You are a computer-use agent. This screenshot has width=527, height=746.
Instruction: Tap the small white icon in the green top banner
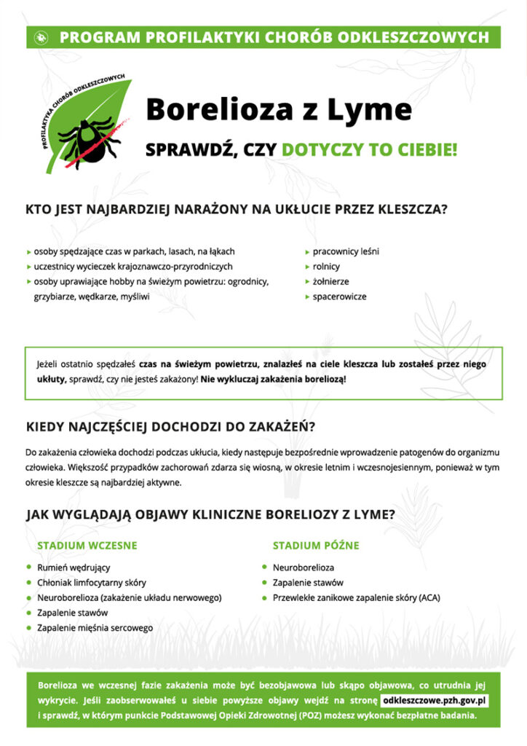tap(41, 36)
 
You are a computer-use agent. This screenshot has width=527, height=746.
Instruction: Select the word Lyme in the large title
tap(368, 110)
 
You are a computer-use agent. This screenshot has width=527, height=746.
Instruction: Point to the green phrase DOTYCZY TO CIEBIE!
tap(370, 150)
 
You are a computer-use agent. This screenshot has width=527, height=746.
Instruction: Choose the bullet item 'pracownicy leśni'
tap(346, 252)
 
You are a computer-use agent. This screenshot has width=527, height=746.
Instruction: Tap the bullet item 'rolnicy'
tap(326, 267)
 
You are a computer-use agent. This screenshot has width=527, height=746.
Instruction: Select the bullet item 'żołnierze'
tap(330, 282)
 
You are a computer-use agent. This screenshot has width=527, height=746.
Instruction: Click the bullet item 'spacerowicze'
tap(339, 297)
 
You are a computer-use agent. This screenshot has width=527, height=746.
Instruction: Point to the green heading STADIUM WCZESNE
tap(87, 546)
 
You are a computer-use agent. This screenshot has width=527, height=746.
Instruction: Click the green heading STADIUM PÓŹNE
tap(316, 546)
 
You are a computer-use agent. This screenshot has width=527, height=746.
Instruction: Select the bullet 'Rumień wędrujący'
tap(74, 568)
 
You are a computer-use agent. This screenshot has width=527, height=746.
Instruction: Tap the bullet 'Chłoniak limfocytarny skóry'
tap(92, 583)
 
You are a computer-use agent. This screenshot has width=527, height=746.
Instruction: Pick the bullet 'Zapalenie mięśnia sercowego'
tap(95, 628)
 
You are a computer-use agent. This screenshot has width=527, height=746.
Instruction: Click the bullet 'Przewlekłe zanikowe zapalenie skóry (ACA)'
tap(356, 598)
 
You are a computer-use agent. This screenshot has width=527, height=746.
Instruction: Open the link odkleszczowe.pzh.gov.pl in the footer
tap(435, 701)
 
